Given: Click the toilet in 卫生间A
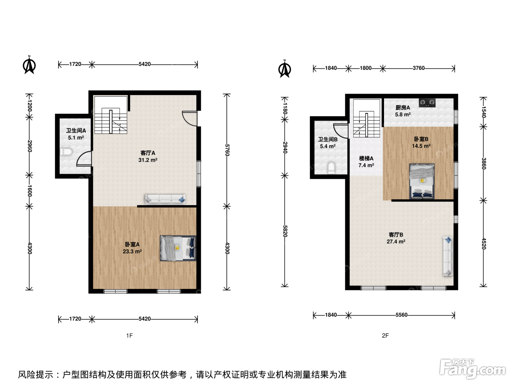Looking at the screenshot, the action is [x=66, y=152].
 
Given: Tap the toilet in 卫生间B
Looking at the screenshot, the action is [x=331, y=168].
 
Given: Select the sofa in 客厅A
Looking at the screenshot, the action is [x=165, y=199].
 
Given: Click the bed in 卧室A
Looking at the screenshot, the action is [x=178, y=248].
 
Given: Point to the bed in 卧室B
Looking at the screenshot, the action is [x=422, y=181].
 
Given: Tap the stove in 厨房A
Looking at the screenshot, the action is [x=427, y=103].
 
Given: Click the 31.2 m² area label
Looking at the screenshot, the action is [x=148, y=160].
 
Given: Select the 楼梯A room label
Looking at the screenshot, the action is [x=366, y=158].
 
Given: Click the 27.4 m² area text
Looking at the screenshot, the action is [x=396, y=241].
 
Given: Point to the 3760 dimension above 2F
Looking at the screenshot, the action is [x=419, y=68].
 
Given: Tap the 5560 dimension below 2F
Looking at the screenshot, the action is [x=402, y=315].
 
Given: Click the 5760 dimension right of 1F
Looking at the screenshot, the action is [x=227, y=150].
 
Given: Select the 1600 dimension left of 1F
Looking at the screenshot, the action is [x=30, y=191].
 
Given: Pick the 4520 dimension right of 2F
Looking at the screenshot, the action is [x=484, y=244].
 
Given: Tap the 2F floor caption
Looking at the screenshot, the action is [x=385, y=335].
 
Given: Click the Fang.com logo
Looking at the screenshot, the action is [x=472, y=369].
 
